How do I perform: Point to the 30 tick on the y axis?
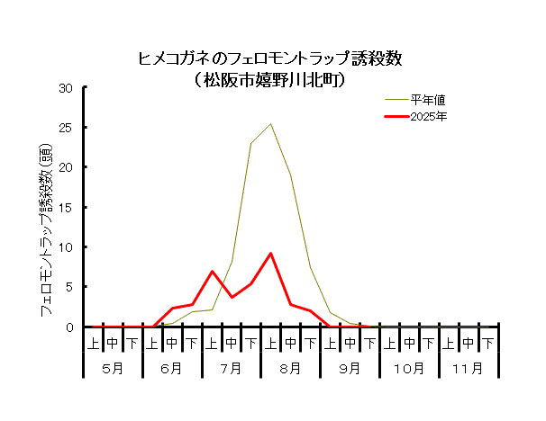point(66,88)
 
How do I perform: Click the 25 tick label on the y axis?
point(66,128)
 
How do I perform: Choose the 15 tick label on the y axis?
point(66,208)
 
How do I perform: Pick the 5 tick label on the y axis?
point(69,287)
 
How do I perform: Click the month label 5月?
point(113,368)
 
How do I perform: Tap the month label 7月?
point(232,368)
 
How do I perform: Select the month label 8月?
point(291,368)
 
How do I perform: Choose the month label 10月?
point(409,368)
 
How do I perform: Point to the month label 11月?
point(469,368)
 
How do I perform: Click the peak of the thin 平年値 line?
point(270,124)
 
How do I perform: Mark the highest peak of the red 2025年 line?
point(270,254)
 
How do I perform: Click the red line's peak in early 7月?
point(212,271)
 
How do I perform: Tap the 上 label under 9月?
point(331,343)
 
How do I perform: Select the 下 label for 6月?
point(192,343)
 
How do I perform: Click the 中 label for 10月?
point(409,343)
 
